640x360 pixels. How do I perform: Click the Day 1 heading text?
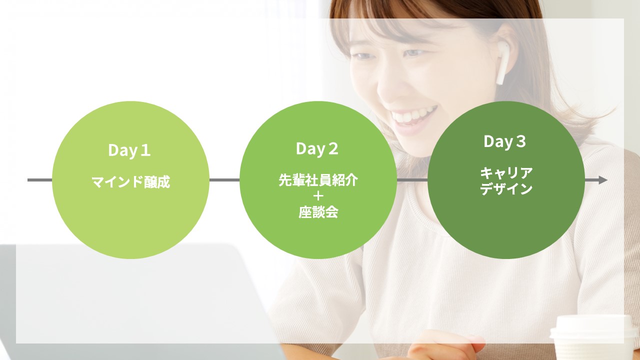coord(129,150)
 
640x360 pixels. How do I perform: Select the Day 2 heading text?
coord(317,149)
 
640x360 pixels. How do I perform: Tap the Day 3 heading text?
coord(505,141)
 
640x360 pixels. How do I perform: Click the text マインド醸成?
coord(131,181)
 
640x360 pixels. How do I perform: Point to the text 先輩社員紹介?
coord(318,180)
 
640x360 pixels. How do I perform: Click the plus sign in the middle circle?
coord(318,196)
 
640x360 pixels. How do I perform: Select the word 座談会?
coord(318,212)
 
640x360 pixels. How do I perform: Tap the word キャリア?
coord(506,173)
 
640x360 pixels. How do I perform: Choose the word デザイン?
coord(506,188)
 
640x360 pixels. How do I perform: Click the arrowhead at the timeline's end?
coord(603,180)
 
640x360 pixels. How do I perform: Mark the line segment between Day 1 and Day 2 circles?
coord(224,180)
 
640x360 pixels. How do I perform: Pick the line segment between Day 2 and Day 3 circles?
coord(412,180)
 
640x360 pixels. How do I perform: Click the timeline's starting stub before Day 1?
coord(40,180)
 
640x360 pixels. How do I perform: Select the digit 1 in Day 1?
coord(145,150)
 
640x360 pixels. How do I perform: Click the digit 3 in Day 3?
coord(521,141)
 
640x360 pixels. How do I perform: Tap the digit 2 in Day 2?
coord(333,148)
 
